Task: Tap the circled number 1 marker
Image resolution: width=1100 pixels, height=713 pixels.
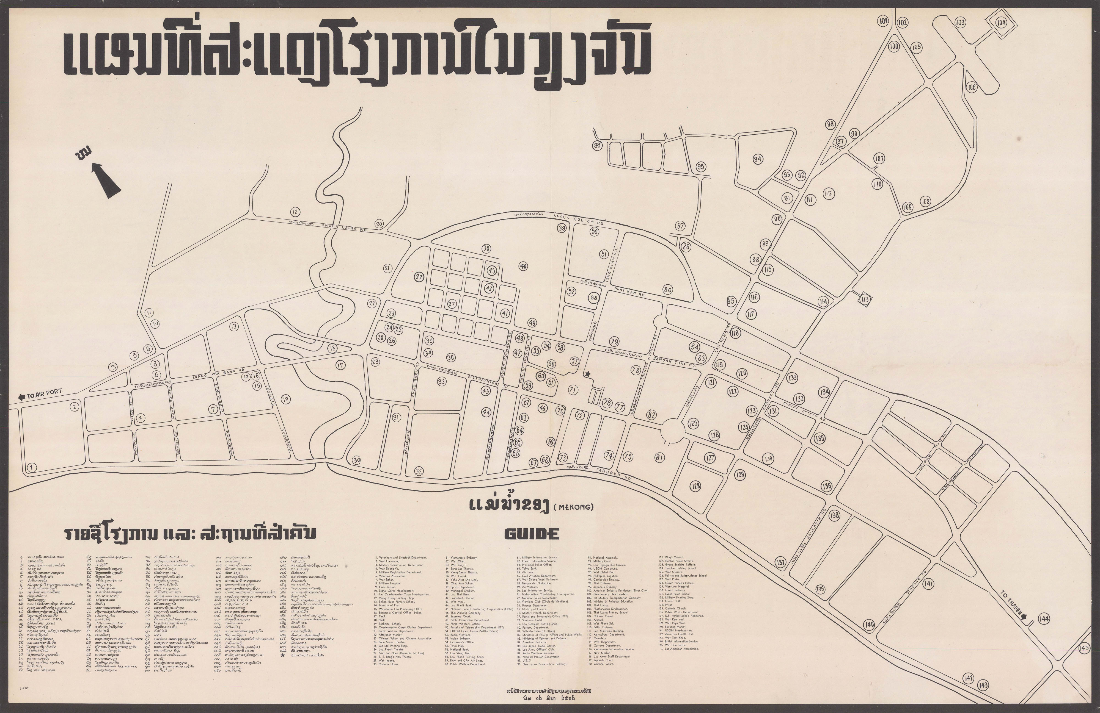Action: pos(31,467)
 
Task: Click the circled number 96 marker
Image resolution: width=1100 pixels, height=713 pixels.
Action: pos(598,145)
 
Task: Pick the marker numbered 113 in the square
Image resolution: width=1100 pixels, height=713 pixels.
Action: pos(865,300)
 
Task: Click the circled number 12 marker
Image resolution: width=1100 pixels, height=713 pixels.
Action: pos(295,212)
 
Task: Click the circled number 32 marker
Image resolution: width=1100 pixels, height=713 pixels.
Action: pos(419,471)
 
